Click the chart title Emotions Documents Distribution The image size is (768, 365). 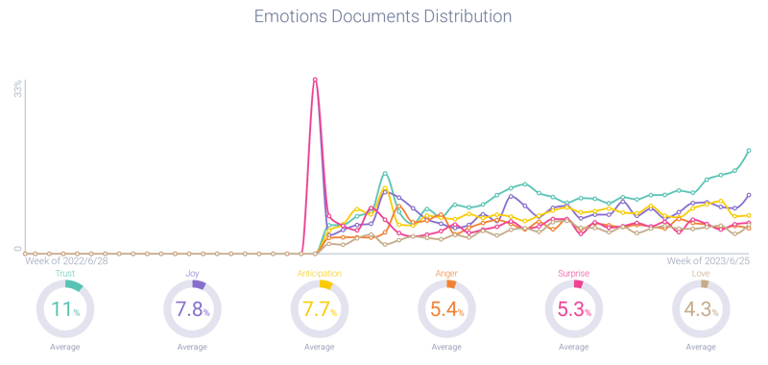pos(382,17)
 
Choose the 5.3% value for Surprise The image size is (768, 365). pos(576,309)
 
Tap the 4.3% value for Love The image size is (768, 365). pos(703,309)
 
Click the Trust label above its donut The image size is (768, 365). pos(64,274)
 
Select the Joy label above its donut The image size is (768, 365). pos(191,274)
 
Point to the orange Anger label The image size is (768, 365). pos(447,274)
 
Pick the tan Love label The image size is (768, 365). pos(703,274)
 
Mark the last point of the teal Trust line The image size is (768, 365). pos(749,151)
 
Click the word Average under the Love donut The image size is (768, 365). pos(703,347)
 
